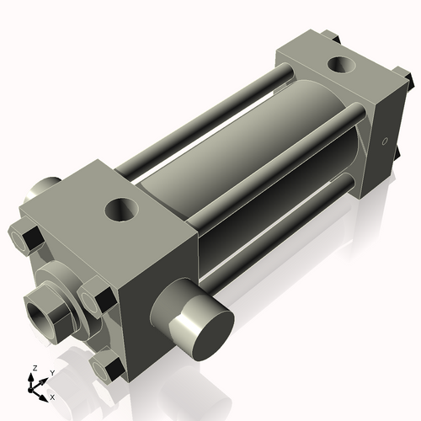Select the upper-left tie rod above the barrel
[x=202, y=118]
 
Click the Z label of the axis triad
[x=34, y=368]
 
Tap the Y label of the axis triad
[x=51, y=372]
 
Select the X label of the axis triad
[x=52, y=396]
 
